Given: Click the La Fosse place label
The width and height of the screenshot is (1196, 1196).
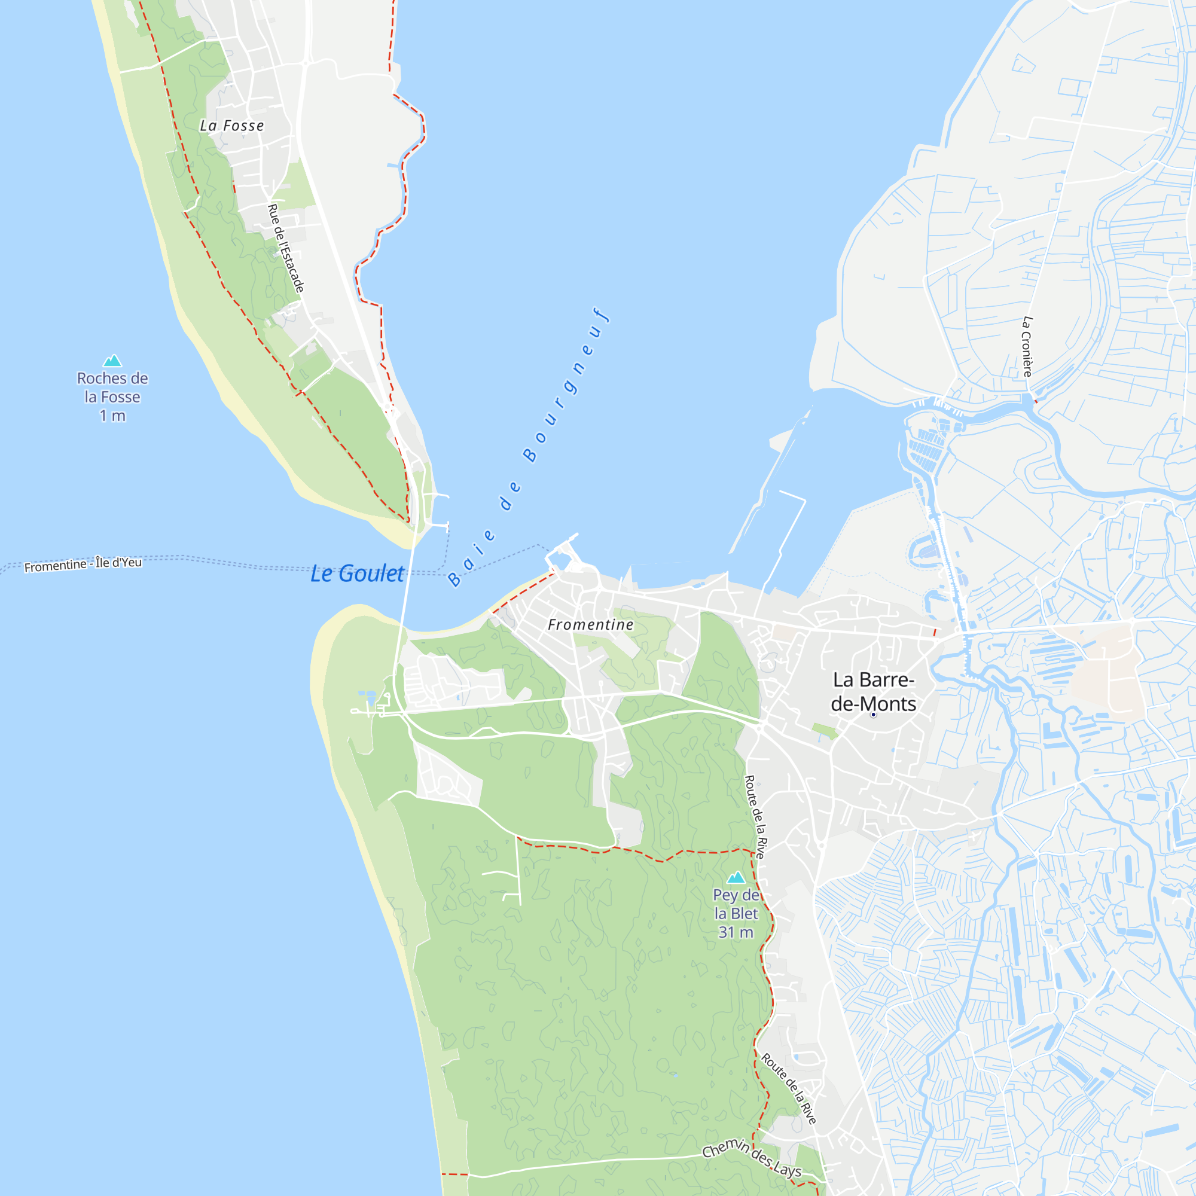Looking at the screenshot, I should (231, 126).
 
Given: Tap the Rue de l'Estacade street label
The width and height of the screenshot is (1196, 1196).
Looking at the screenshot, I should (285, 248).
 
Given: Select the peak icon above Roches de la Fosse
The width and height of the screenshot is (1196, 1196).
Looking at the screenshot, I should (112, 360).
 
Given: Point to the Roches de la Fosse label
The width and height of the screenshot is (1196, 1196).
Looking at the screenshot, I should (112, 388).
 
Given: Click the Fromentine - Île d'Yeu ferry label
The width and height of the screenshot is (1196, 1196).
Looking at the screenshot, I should (83, 564).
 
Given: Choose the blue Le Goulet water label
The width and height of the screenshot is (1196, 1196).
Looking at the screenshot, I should (357, 573).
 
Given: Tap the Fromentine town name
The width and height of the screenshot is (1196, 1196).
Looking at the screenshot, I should (591, 625).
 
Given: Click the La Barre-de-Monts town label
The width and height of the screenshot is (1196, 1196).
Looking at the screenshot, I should (873, 691).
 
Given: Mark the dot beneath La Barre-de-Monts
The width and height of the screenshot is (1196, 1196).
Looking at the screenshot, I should (874, 715).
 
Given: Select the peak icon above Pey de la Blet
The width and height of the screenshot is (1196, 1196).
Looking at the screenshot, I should (736, 877).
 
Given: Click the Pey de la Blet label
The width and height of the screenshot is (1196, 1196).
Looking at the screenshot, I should (736, 904).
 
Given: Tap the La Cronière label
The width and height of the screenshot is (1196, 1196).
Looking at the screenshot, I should (1027, 347).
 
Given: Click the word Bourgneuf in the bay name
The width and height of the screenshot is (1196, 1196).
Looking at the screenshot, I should (566, 384).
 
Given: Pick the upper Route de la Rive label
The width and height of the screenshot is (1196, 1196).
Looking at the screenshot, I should (756, 816).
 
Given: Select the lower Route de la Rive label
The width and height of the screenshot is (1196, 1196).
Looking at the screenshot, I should (789, 1088).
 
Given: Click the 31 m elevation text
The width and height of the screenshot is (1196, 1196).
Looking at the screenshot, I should (736, 932).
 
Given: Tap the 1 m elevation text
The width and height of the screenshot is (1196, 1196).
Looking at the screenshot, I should (112, 416).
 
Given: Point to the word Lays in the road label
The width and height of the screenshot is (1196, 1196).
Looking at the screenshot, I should (787, 1169).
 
